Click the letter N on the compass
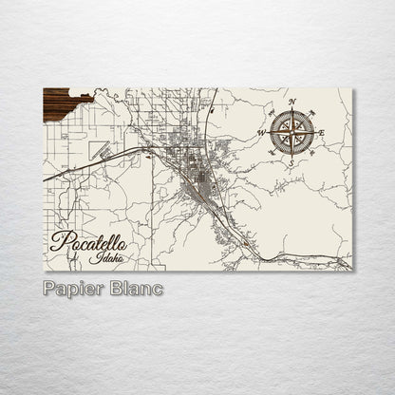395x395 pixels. pos(292,101)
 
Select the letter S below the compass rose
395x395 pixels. pos(292,164)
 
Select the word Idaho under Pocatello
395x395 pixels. pos(106,257)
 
